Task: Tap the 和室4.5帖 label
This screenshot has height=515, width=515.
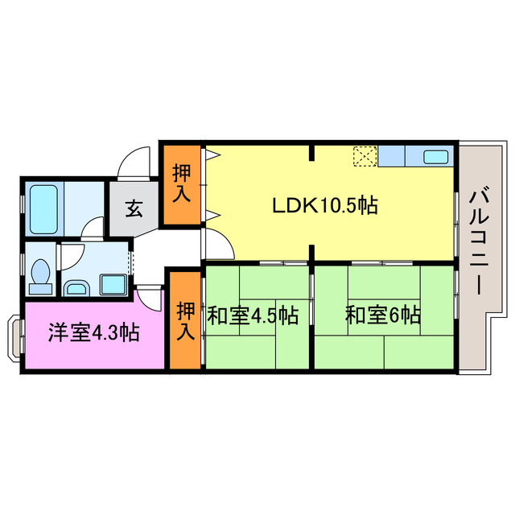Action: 253,315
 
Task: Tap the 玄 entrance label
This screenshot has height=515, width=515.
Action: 134,211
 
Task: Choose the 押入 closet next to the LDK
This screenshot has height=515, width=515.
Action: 183,183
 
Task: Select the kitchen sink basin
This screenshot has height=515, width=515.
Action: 435,157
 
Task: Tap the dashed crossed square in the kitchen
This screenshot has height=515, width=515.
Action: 365,156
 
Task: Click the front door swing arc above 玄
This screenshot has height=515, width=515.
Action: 134,164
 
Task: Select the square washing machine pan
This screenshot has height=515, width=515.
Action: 112,283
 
